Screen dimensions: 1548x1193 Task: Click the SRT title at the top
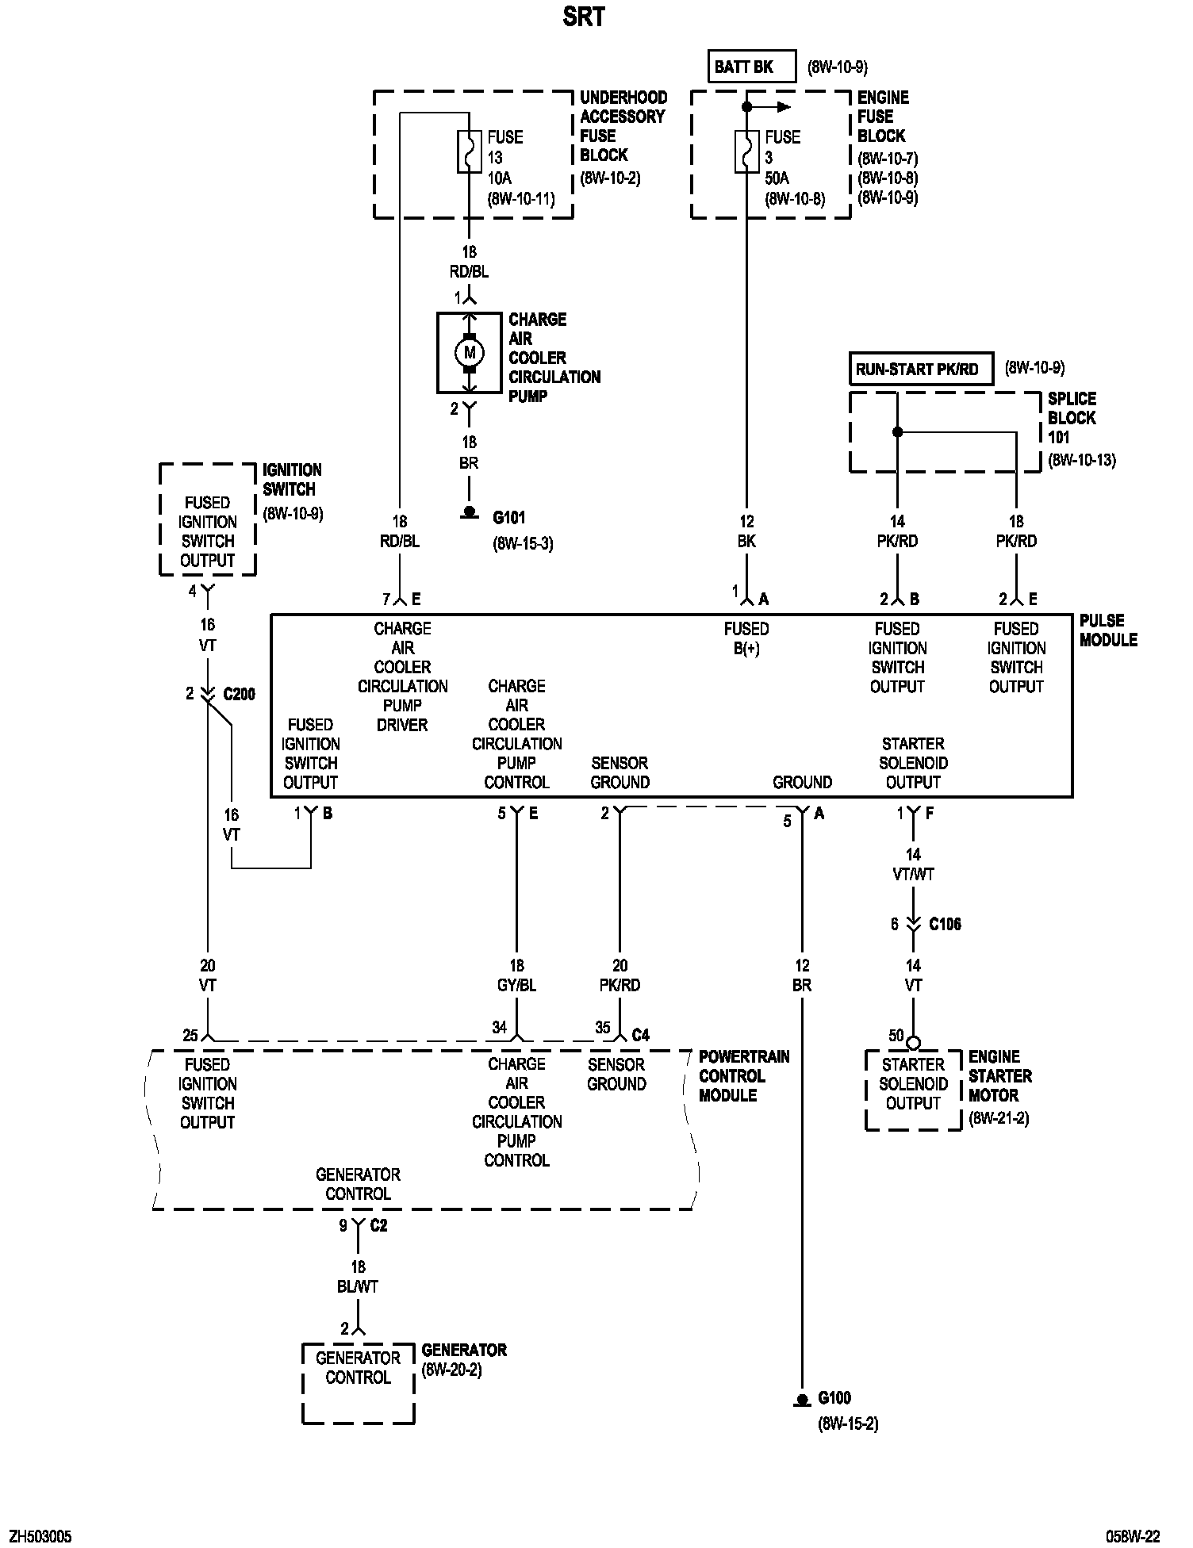pos(584,17)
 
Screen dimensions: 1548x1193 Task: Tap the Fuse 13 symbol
pos(469,152)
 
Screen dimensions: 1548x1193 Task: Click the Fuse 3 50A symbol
pos(746,152)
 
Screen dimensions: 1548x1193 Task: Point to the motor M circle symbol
pos(469,352)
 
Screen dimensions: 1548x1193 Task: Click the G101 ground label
pos(509,518)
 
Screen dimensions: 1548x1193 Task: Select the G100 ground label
pos(835,1397)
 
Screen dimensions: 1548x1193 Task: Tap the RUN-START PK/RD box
pos(920,369)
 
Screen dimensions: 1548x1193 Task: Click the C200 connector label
pos(239,695)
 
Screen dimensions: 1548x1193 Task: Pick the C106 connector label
pos(945,924)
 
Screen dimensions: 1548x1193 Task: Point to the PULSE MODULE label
pos(1108,630)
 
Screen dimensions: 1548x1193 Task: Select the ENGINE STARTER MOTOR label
pos(999,1076)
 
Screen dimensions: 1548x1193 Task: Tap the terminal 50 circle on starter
pos(913,1043)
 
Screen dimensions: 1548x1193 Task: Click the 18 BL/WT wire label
pos(358,1277)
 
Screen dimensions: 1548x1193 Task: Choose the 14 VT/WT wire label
pos(913,864)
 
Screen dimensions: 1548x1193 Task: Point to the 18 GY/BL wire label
pos(516,975)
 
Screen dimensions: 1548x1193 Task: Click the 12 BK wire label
pos(746,531)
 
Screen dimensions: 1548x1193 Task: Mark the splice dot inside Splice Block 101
pos(897,432)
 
